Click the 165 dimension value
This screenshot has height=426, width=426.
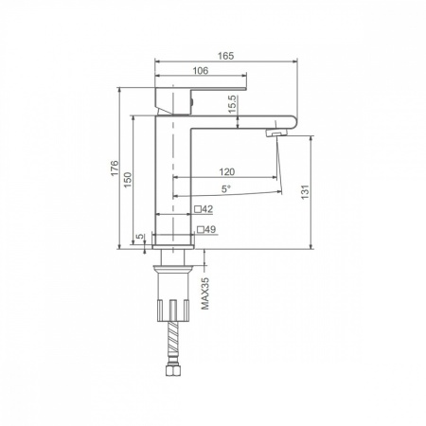226,56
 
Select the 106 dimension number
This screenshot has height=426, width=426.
201,71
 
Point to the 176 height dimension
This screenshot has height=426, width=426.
115,169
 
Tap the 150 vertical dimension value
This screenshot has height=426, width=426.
128,180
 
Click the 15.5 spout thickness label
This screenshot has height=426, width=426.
232,104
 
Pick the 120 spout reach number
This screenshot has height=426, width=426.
227,172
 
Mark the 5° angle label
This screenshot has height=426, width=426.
225,189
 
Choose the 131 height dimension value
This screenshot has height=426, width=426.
305,192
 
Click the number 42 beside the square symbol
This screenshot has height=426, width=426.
207,209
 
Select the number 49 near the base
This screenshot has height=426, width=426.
210,229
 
